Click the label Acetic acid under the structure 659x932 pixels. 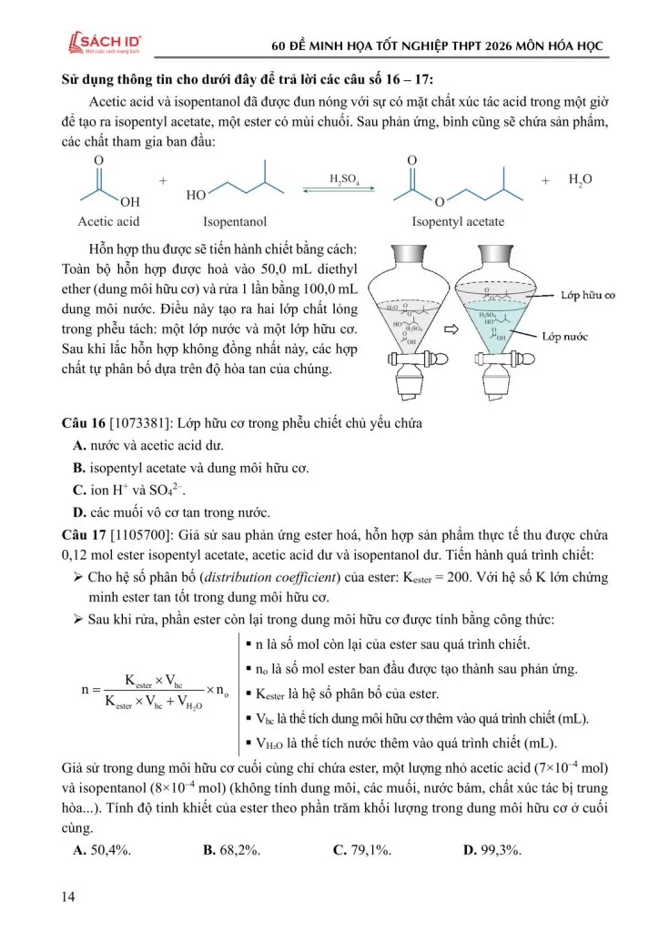[109, 221]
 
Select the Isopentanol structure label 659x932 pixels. [235, 221]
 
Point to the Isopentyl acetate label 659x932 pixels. [458, 221]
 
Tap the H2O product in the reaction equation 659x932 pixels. [580, 180]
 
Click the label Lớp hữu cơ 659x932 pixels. [589, 296]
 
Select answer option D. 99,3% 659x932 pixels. [492, 850]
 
